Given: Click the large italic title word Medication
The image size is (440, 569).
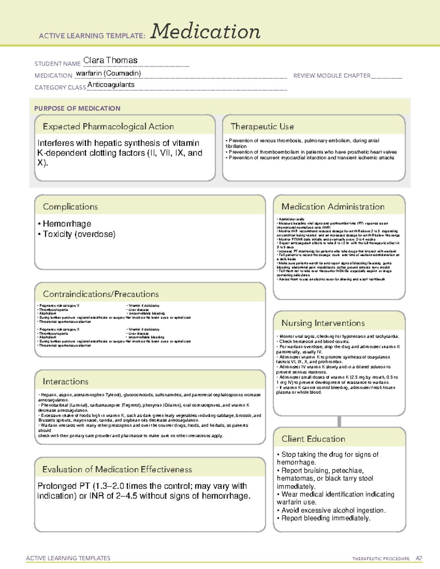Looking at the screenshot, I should tap(205, 32).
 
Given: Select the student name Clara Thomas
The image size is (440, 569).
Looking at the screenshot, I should tap(110, 60).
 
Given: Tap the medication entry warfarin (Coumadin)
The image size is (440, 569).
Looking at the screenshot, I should tap(108, 73).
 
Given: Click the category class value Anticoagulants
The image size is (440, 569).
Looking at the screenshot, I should tap(111, 85).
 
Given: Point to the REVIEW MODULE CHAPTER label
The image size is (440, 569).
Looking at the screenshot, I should tap(332, 75).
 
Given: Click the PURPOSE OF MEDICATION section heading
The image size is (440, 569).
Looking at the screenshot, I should tap(77, 108).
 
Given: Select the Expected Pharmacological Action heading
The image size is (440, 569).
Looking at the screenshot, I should tap(108, 127).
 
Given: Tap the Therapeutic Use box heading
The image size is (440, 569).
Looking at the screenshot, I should tap(262, 127).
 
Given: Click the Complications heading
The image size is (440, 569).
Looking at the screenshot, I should tap(70, 207).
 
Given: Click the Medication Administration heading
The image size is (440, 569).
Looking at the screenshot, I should tap(333, 207).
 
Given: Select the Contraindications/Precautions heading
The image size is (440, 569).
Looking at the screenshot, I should tap(101, 294).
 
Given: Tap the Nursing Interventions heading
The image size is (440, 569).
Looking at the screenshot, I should tap(323, 323).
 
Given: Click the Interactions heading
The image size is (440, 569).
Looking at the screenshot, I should tap(66, 382).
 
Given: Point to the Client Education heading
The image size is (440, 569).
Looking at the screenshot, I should tap(313, 439).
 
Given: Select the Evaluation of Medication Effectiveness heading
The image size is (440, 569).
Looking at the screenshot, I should tap(117, 470).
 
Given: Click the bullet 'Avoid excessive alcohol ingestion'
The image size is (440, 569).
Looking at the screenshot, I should tap(333, 510).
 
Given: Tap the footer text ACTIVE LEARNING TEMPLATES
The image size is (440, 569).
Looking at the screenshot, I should tap(68, 558).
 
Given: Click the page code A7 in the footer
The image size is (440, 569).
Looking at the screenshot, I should tap(419, 558).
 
